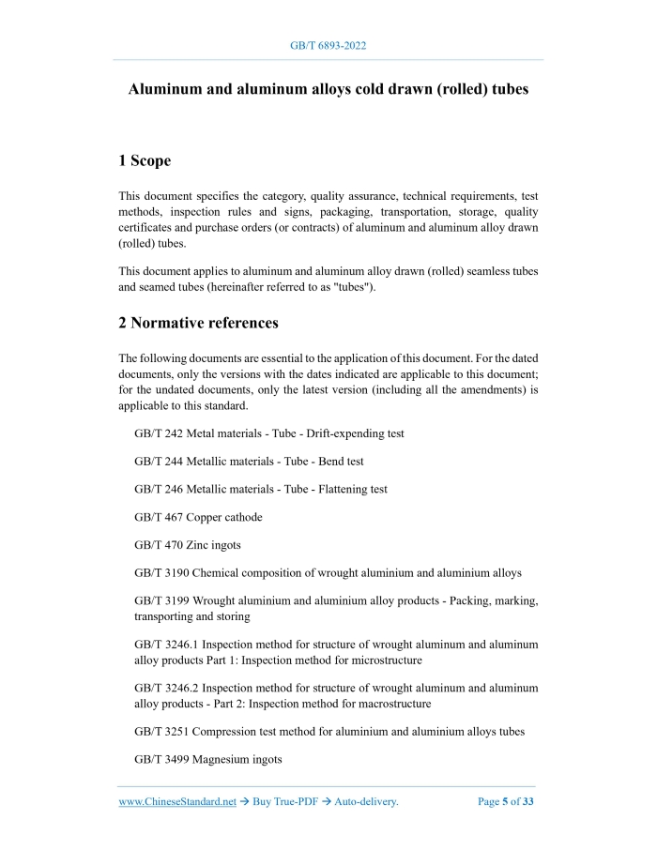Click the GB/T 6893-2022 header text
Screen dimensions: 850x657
[x=328, y=45]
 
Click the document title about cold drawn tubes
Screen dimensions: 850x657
[x=328, y=90]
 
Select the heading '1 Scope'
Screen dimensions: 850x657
[x=145, y=161]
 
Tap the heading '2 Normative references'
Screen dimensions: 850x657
[x=198, y=324]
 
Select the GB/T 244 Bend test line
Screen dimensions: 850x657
[x=249, y=462]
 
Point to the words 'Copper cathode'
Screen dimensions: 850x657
[x=225, y=516]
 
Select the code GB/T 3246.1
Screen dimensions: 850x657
[x=166, y=645]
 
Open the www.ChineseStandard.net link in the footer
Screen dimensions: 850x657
[x=176, y=802]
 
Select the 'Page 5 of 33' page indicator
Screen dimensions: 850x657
[x=505, y=802]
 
